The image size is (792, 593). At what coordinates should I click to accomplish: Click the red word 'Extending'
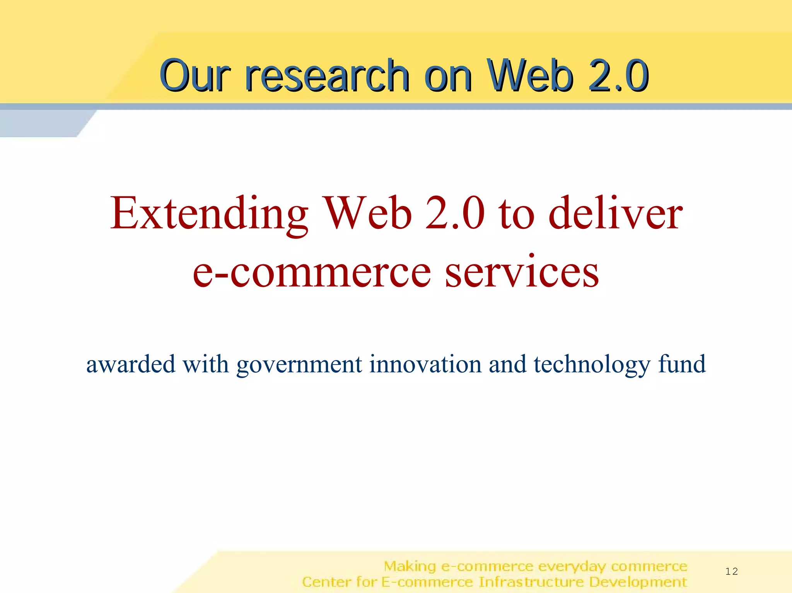tap(209, 214)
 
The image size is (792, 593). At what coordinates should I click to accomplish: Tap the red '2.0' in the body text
tap(455, 214)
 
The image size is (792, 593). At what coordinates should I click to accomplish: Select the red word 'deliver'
tap(616, 214)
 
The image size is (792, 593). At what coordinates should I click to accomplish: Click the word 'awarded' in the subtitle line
tap(130, 364)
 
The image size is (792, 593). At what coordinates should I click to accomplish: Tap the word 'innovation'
tap(425, 364)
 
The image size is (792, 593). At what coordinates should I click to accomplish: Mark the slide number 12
tap(731, 571)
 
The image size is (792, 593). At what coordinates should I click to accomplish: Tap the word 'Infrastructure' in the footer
tap(531, 582)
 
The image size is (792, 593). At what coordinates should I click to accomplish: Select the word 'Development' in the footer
tap(638, 582)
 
